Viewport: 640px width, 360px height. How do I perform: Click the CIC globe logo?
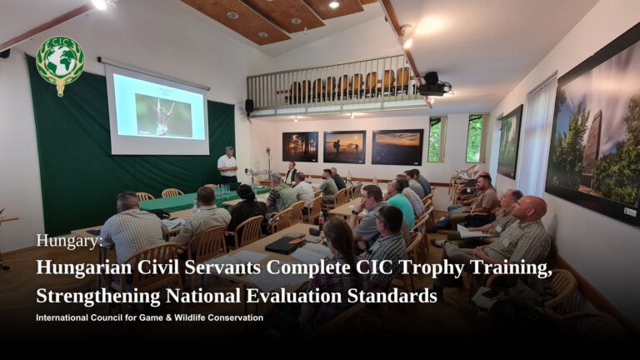(x=60, y=65)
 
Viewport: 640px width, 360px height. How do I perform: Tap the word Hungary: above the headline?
(x=69, y=241)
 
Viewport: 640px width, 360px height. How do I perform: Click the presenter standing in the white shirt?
(x=227, y=165)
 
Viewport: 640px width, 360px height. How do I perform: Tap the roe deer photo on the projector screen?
(x=163, y=116)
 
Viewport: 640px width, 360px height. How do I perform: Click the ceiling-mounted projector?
(x=434, y=84)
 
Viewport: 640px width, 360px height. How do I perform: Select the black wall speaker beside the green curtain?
(x=249, y=107)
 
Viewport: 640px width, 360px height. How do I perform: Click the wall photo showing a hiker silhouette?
(x=344, y=147)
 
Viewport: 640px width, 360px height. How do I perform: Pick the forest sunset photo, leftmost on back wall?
(x=300, y=147)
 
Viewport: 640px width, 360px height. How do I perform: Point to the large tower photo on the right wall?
(x=595, y=135)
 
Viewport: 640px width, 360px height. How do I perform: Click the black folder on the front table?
(x=284, y=244)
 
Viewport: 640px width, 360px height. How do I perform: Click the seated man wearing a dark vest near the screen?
(x=291, y=173)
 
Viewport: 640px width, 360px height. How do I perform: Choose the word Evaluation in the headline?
(x=294, y=296)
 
